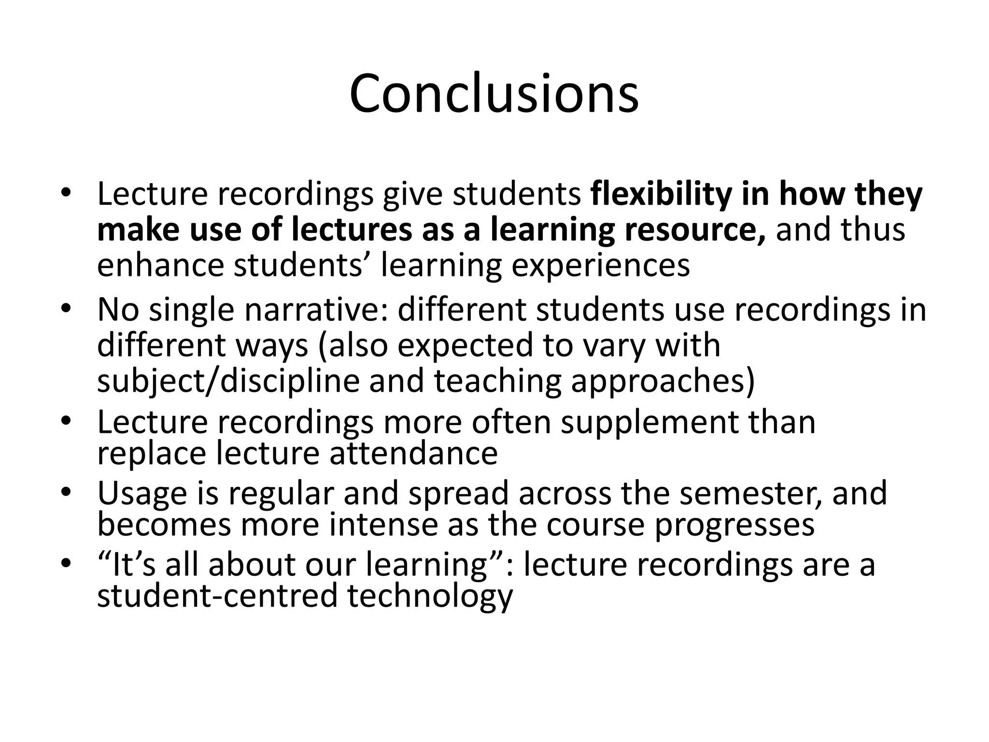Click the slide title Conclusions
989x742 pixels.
pyautogui.click(x=494, y=93)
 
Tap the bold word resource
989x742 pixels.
pyautogui.click(x=694, y=230)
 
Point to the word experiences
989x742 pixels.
pyautogui.click(x=600, y=266)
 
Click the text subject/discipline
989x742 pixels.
pyautogui.click(x=228, y=381)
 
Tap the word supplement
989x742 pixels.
pyautogui.click(x=650, y=422)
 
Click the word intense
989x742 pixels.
pyautogui.click(x=384, y=525)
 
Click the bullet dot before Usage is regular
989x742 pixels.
pyautogui.click(x=66, y=492)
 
